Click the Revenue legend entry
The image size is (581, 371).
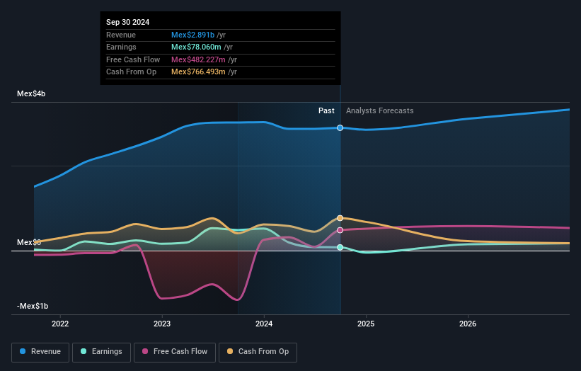pyautogui.click(x=40, y=351)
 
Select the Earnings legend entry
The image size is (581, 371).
pyautogui.click(x=101, y=351)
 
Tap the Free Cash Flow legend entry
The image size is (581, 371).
pyautogui.click(x=175, y=351)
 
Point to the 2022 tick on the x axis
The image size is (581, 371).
pyautogui.click(x=60, y=324)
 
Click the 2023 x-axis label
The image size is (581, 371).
pyautogui.click(x=162, y=324)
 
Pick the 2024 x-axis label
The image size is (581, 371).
pyautogui.click(x=264, y=324)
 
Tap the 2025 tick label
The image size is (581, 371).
pyautogui.click(x=366, y=324)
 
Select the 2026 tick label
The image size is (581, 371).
pyautogui.click(x=468, y=324)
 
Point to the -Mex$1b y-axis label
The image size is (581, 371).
pyautogui.click(x=33, y=306)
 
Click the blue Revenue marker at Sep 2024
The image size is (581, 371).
pyautogui.click(x=340, y=128)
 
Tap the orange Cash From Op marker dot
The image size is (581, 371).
pyautogui.click(x=340, y=218)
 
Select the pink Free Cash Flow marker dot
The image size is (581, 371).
pyautogui.click(x=340, y=230)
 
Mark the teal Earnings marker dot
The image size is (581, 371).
pyautogui.click(x=340, y=247)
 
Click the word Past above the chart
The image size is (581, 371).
pyautogui.click(x=326, y=110)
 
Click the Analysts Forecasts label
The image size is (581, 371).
pyautogui.click(x=379, y=110)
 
